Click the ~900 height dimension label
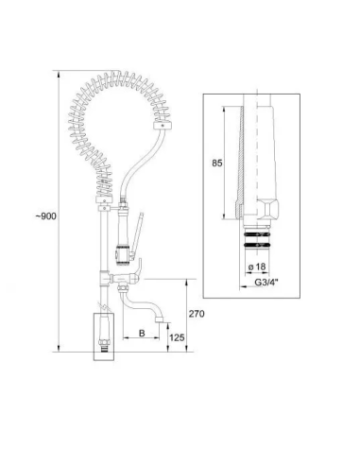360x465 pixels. [x=46, y=216]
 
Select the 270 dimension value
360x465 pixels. [x=197, y=314]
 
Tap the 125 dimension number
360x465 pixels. [x=177, y=337]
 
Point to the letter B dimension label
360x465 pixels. [x=142, y=333]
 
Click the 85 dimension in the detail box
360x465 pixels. [x=217, y=164]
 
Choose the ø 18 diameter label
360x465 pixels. [x=257, y=267]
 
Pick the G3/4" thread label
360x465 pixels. [x=266, y=283]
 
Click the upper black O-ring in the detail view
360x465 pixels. [x=257, y=234]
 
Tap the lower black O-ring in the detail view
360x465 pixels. [x=257, y=245]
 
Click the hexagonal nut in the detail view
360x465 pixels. [x=268, y=209]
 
